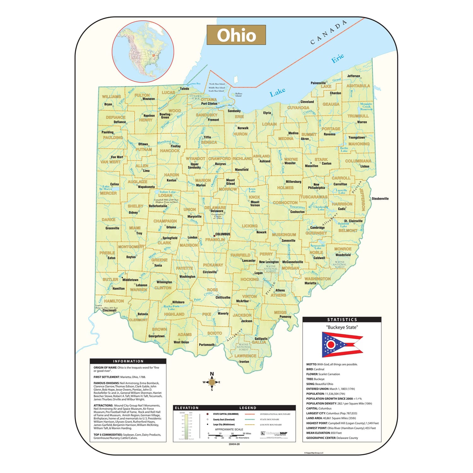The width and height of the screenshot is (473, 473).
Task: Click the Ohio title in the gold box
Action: click(236, 35)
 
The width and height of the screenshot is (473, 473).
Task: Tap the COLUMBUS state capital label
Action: click(223, 234)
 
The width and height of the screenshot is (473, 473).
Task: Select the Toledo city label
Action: click(184, 89)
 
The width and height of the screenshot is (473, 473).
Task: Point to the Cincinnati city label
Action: click(109, 310)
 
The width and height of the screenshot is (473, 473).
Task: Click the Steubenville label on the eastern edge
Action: click(380, 199)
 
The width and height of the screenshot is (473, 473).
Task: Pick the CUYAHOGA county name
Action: click(298, 108)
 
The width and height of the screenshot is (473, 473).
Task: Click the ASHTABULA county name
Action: click(358, 86)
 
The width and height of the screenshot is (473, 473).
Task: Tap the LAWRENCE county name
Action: click(245, 356)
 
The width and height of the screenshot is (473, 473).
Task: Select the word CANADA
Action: click(329, 32)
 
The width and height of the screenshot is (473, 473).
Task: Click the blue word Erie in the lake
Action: click(337, 58)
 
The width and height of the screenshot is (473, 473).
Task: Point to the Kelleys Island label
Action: click(239, 95)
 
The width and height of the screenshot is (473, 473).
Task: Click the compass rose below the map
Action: click(212, 382)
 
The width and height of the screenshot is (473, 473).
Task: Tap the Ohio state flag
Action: click(342, 344)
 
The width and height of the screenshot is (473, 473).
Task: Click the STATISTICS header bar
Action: click(342, 319)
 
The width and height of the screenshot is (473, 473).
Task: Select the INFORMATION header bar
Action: click(128, 361)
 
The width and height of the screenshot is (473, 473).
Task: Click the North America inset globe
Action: click(143, 52)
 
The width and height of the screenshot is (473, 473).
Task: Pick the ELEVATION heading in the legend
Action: click(187, 408)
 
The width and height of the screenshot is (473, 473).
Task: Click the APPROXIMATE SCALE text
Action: click(229, 429)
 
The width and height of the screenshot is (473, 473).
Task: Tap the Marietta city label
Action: click(310, 283)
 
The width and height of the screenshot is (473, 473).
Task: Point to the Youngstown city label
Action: click(356, 137)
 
